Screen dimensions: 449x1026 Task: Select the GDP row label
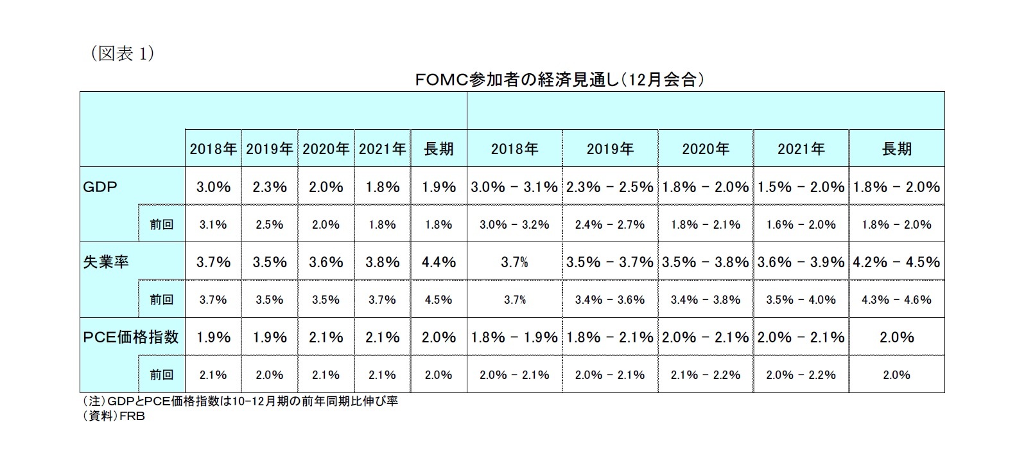(101, 187)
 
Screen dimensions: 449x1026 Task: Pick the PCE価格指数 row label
(131, 337)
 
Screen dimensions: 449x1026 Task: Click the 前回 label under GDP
(161, 225)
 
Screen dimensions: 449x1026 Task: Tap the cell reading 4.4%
(439, 262)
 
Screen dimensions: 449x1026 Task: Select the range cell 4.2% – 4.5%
(896, 262)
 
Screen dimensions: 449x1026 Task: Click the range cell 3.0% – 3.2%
(514, 225)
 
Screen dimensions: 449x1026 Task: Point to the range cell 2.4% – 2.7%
(609, 225)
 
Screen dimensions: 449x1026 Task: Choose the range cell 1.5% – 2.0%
(801, 187)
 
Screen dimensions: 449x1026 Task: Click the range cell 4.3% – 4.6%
(896, 300)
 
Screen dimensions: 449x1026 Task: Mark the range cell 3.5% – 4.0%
(801, 300)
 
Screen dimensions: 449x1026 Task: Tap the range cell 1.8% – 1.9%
(514, 337)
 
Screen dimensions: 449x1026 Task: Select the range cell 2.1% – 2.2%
(705, 375)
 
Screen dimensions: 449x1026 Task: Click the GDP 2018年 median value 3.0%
(213, 187)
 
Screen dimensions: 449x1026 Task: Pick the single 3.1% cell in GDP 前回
(213, 225)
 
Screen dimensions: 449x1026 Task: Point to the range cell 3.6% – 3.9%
(801, 262)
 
